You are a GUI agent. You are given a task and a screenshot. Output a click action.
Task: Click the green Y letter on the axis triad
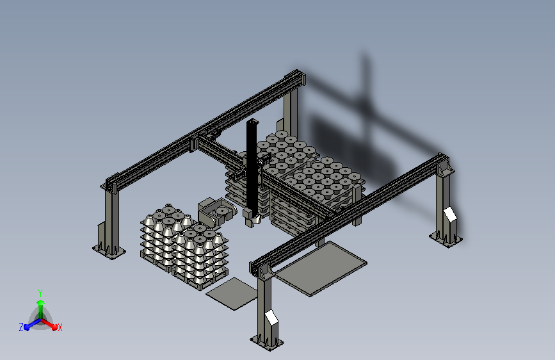pyautogui.click(x=40, y=293)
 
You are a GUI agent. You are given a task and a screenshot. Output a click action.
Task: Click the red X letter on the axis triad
pyautogui.click(x=60, y=327)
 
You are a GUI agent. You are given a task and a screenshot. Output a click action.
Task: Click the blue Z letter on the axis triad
pyautogui.click(x=21, y=327)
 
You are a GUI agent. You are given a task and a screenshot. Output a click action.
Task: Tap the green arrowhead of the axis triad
pyautogui.click(x=40, y=303)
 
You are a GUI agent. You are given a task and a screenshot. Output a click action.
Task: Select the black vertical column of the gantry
pyautogui.click(x=252, y=166)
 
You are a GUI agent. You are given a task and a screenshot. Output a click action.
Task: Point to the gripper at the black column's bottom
pyautogui.click(x=252, y=218)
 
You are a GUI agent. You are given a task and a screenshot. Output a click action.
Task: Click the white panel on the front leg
pyautogui.click(x=271, y=317)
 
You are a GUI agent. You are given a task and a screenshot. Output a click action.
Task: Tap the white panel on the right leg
pyautogui.click(x=450, y=215)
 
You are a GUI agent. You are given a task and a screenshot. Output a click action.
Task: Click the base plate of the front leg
pyautogui.click(x=267, y=342)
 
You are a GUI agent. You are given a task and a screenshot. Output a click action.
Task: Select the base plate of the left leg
pyautogui.click(x=109, y=250)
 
